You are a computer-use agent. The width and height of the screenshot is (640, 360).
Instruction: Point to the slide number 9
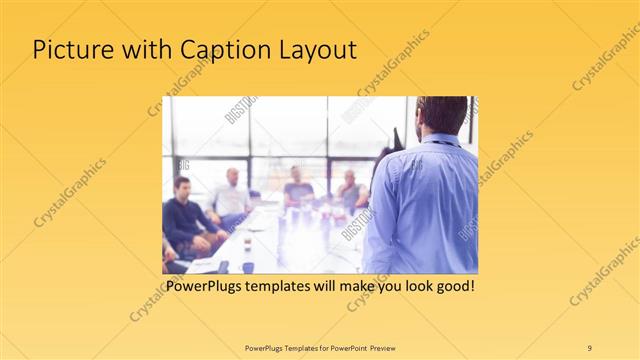coord(589,347)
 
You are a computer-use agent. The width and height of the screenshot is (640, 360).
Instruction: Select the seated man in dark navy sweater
coord(184,215)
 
